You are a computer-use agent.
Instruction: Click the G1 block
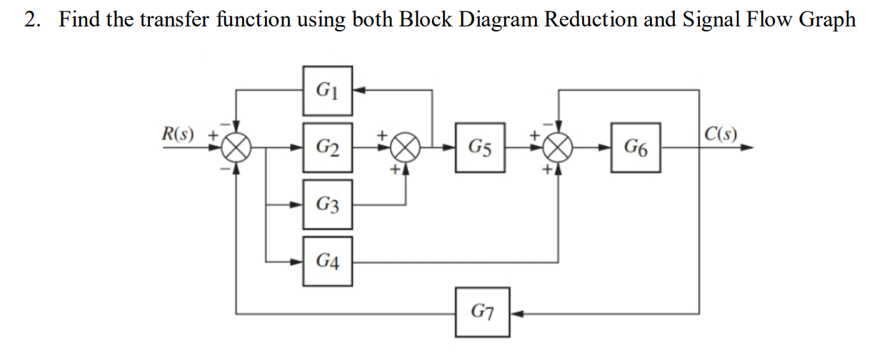pyautogui.click(x=327, y=91)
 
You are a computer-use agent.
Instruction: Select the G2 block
pyautogui.click(x=327, y=149)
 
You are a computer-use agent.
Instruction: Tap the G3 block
pyautogui.click(x=327, y=206)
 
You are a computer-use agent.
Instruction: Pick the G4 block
pyautogui.click(x=327, y=261)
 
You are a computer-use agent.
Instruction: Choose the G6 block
pyautogui.click(x=635, y=149)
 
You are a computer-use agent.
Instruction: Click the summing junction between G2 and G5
pyautogui.click(x=406, y=149)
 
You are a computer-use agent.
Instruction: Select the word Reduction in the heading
pyautogui.click(x=590, y=19)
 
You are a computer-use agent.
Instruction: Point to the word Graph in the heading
pyautogui.click(x=827, y=19)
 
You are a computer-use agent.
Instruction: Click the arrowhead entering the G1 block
pyautogui.click(x=359, y=91)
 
